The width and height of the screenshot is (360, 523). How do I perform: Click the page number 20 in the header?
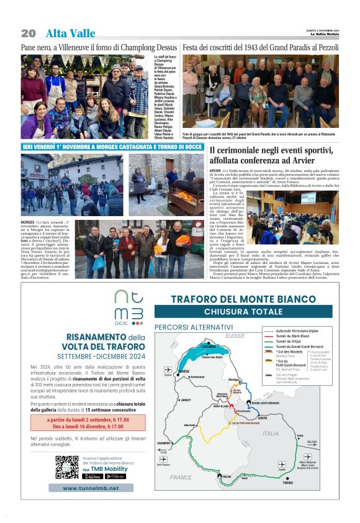[x=28, y=33]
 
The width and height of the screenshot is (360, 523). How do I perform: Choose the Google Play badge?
[x=115, y=476]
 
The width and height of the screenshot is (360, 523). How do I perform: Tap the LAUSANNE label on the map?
[x=209, y=346]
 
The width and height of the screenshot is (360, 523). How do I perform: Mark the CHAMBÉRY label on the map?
[x=163, y=443]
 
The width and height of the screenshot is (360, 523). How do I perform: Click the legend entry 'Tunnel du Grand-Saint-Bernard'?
[x=300, y=346]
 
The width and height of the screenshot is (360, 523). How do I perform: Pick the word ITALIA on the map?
[x=270, y=434]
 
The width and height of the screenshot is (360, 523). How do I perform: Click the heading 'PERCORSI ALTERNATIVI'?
[x=193, y=327]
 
